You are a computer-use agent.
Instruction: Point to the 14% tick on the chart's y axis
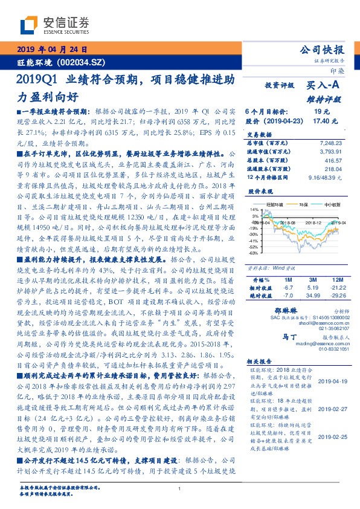pyautogui.click(x=254, y=210)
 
